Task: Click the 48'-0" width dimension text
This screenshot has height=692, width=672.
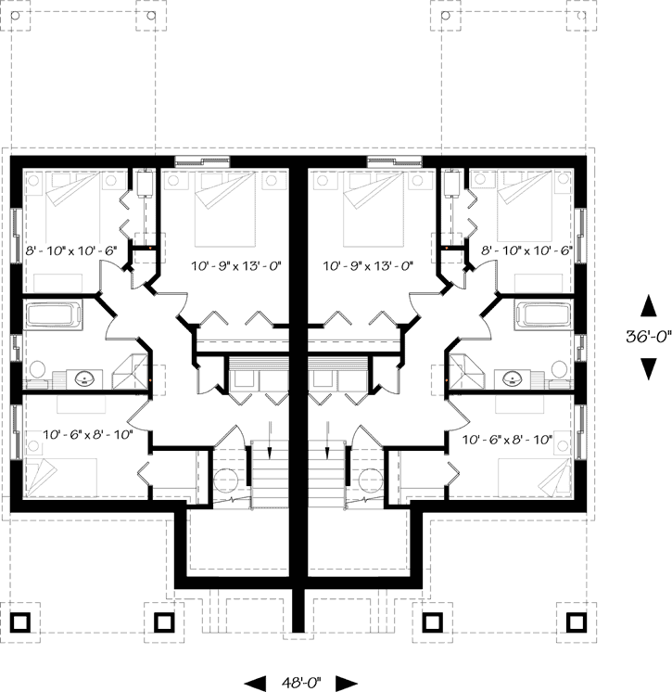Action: pos(301,683)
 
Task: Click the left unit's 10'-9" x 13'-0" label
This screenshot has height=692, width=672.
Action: pos(236,265)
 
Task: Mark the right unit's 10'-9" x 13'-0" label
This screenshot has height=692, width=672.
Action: pos(367,265)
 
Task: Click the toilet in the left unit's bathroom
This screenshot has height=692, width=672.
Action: pos(37,371)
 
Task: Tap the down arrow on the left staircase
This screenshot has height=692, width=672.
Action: pos(270,440)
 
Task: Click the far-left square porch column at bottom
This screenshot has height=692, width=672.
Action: pos(21,620)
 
